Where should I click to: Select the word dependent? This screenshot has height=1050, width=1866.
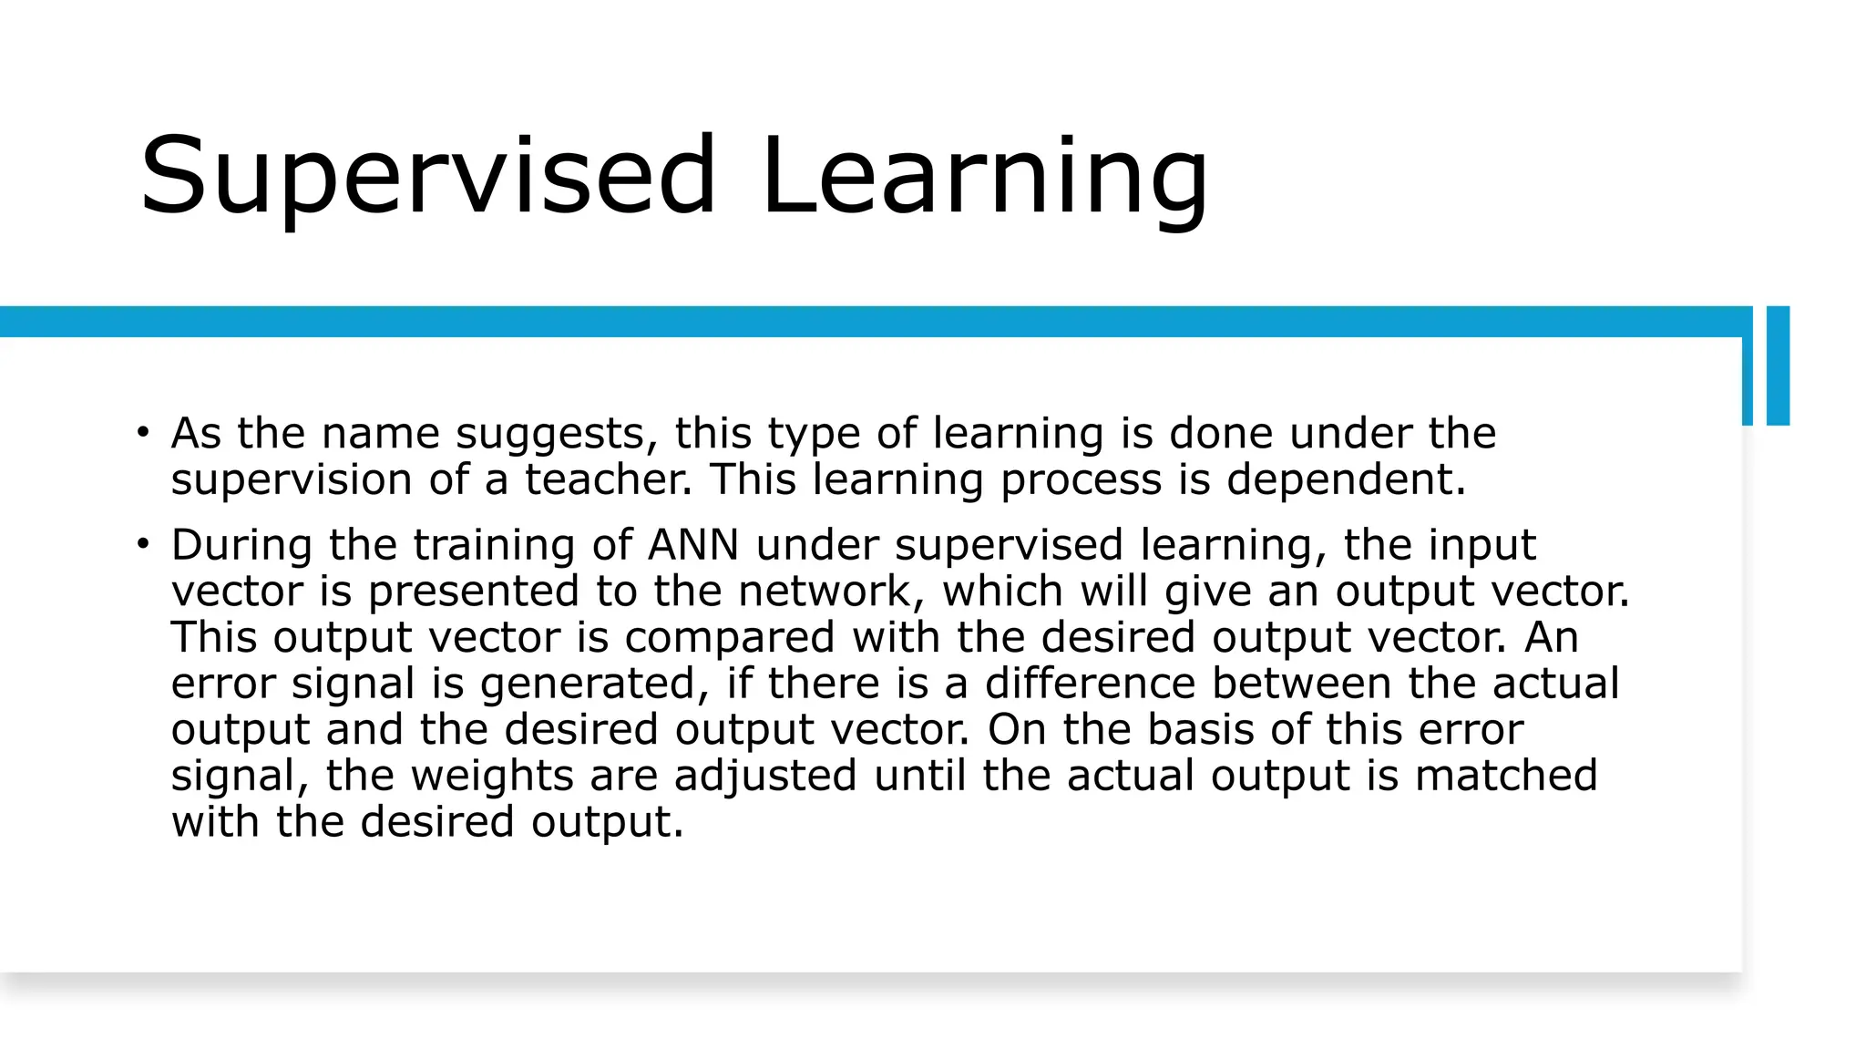pos(1346,479)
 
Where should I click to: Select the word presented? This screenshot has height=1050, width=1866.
pos(474,592)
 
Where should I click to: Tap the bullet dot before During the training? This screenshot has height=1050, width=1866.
pos(142,544)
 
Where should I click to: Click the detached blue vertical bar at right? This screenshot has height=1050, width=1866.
pos(1778,365)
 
